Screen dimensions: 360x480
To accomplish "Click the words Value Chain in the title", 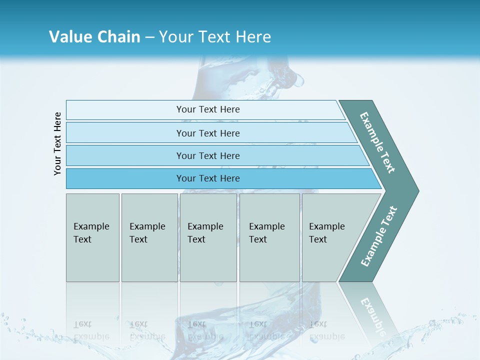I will [94, 36].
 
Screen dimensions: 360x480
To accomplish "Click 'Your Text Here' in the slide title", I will [215, 36].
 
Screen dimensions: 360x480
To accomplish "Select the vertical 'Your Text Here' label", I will [57, 143].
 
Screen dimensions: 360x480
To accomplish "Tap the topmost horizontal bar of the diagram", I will [207, 109].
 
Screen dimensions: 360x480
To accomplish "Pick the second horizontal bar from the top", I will [207, 133].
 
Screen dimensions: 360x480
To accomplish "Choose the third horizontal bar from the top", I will [207, 155].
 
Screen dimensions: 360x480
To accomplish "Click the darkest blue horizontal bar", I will [207, 178].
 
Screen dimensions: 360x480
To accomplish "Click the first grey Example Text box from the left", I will [92, 237].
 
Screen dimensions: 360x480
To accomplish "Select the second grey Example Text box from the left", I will [149, 237].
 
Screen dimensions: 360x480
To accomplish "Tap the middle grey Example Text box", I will [208, 237].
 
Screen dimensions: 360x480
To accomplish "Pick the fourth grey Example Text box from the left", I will [269, 237].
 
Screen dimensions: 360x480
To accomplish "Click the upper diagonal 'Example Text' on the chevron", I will [377, 142].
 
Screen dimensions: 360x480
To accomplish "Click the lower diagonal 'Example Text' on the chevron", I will [379, 236].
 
